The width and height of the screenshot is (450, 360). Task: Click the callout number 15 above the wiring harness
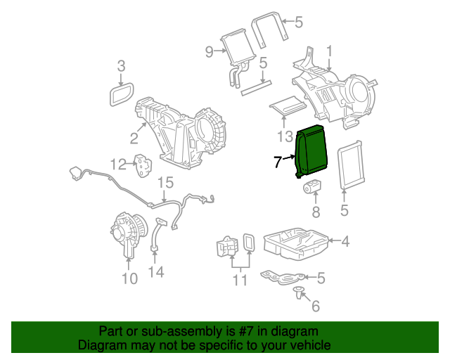(164, 184)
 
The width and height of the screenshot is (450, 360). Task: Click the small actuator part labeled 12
(144, 165)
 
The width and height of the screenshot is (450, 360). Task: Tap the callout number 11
(240, 281)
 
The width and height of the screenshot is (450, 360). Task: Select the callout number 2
(133, 137)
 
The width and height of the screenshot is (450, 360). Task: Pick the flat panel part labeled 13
(287, 106)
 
